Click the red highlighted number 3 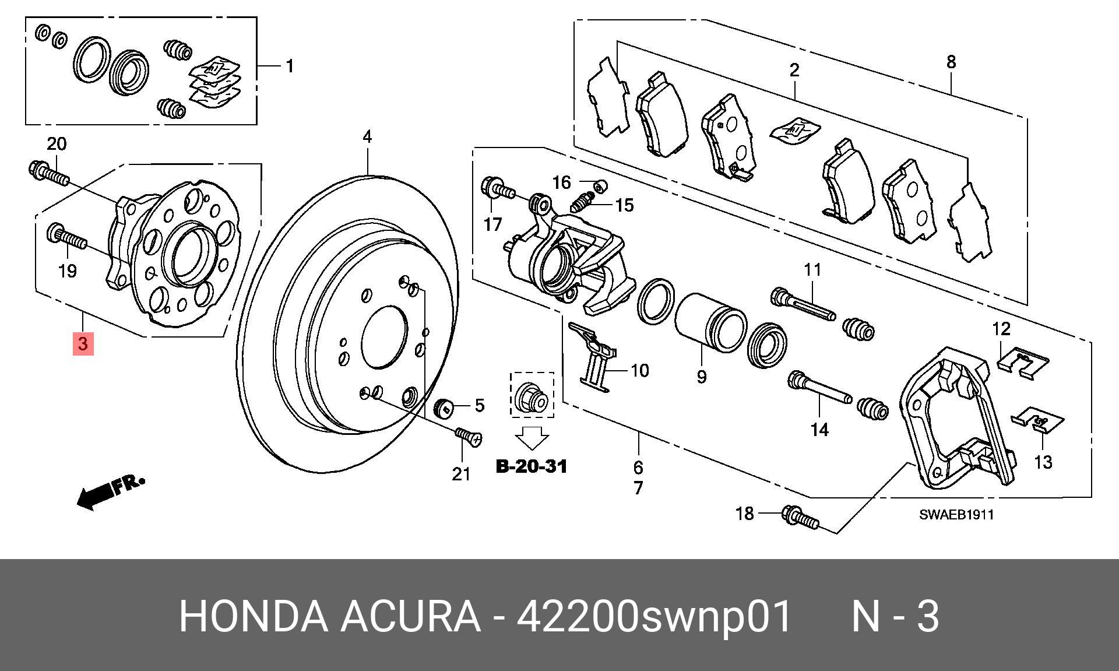[83, 343]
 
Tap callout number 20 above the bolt [57, 143]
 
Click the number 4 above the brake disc [367, 137]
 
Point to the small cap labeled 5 [445, 407]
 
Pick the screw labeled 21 [469, 437]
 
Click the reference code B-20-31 [531, 466]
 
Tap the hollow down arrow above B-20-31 [532, 438]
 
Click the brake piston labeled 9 [710, 323]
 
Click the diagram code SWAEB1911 [956, 515]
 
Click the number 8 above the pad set [951, 62]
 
